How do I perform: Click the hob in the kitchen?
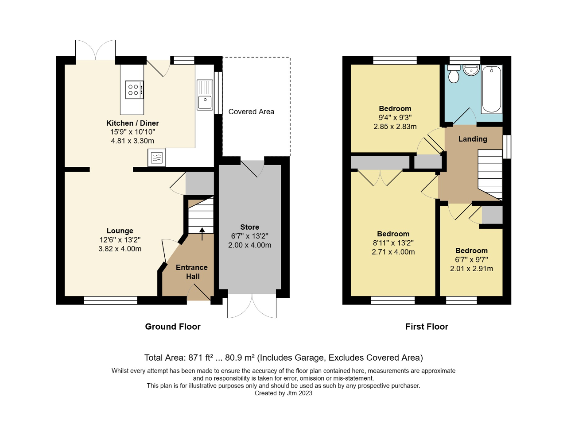[134, 90]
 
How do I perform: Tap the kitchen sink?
[205, 95]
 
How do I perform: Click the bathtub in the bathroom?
[491, 89]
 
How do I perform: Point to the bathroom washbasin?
[471, 70]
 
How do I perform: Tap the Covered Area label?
[251, 112]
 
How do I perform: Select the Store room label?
[249, 227]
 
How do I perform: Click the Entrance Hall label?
[192, 272]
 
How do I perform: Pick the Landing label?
[473, 139]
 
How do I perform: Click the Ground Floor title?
[173, 327]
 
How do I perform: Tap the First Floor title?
[427, 327]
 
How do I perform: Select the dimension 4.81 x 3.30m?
[132, 141]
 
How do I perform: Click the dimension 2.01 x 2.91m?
[471, 269]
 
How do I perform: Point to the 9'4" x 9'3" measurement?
[395, 118]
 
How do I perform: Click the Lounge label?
[120, 231]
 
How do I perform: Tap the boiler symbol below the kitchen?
[157, 158]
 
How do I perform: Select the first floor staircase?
[490, 174]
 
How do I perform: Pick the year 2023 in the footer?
[305, 393]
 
